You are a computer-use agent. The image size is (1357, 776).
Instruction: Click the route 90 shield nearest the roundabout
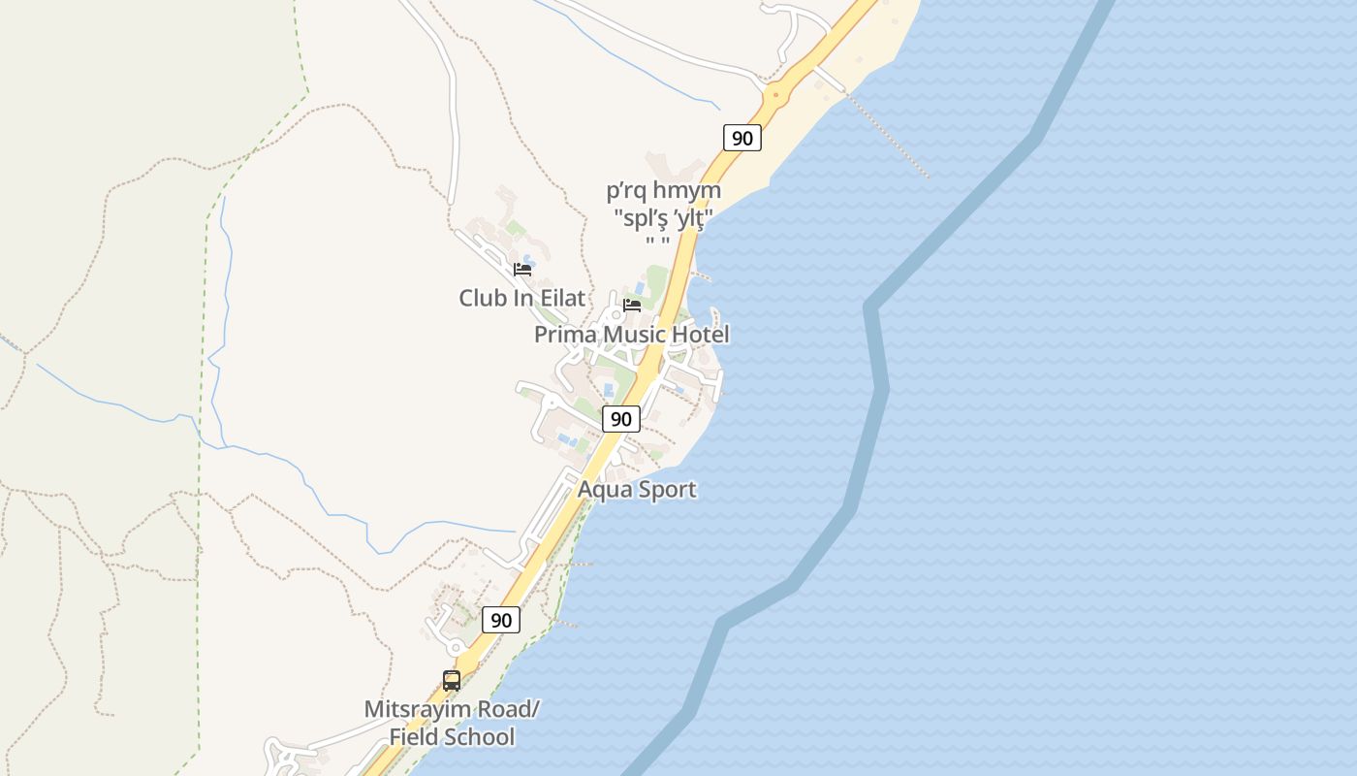coord(742,138)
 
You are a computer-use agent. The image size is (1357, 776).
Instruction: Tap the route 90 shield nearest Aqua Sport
coord(621,419)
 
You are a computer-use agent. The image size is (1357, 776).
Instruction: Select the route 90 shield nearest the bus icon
coord(501,620)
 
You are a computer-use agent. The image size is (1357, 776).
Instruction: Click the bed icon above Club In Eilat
coord(522,270)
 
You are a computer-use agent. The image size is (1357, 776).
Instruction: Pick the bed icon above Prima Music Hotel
coord(632,305)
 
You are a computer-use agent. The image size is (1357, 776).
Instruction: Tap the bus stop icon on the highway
coord(452,681)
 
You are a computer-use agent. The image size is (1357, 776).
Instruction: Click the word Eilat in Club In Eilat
coord(562,298)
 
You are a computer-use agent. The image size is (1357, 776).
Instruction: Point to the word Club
coord(483,298)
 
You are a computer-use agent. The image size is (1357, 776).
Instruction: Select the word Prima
coord(566,335)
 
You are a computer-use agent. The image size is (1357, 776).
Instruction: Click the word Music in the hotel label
coord(634,335)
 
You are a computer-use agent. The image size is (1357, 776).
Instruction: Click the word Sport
coord(665,489)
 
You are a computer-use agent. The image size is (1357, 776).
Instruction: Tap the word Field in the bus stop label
coord(411,737)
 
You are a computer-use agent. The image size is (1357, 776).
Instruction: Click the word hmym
coord(687,191)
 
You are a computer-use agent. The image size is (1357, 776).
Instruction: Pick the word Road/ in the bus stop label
coord(509,709)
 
